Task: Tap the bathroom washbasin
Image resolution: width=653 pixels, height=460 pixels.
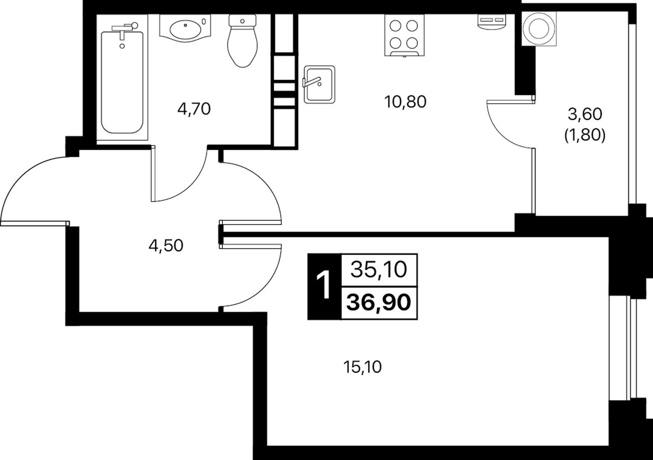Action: tap(185, 28)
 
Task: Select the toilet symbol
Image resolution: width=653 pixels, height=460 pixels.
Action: tap(242, 41)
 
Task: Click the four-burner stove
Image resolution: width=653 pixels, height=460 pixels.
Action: tap(404, 35)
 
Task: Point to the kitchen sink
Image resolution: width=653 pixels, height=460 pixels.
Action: tap(319, 84)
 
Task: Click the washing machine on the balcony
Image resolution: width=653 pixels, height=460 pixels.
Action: tap(539, 29)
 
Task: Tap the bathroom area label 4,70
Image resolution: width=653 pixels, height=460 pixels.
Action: tap(194, 109)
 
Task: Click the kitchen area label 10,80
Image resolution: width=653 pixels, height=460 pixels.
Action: tap(405, 102)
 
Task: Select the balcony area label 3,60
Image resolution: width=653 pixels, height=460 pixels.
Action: tap(585, 114)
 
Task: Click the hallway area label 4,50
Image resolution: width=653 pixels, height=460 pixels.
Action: tap(166, 245)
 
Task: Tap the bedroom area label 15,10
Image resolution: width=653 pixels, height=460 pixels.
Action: tap(362, 367)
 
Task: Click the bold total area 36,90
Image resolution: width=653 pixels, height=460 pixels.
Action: tap(379, 302)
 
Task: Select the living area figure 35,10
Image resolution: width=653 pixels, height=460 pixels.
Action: tap(379, 270)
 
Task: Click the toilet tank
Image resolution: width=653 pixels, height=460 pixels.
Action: tap(242, 21)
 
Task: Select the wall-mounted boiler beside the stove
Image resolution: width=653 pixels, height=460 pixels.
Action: tap(491, 21)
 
